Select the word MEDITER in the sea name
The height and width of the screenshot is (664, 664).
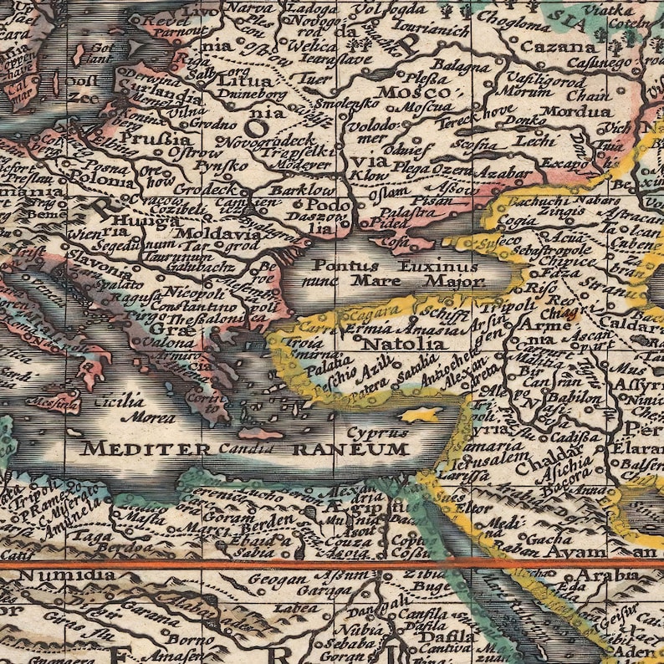[x=146, y=448]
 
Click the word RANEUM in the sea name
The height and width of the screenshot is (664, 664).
[x=363, y=449]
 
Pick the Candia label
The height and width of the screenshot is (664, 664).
[x=247, y=448]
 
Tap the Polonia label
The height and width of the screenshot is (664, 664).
[x=98, y=177]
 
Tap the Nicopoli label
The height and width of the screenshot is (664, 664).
[x=193, y=294]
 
